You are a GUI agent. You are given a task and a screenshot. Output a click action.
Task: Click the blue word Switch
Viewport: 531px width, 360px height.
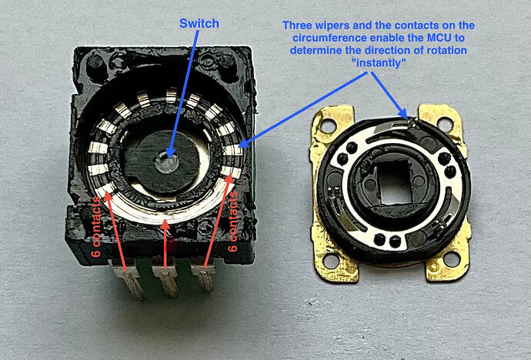point(199,24)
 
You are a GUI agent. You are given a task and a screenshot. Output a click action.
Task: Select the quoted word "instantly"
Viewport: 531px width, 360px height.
point(379,63)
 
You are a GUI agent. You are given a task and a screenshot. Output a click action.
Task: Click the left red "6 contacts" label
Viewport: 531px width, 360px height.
point(96,226)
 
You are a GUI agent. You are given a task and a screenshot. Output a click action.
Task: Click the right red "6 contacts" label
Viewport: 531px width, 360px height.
point(233,222)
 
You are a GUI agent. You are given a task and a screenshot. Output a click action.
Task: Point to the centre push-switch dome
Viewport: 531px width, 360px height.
point(167,162)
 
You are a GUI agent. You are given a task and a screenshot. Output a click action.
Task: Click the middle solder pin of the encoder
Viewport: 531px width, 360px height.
point(167,277)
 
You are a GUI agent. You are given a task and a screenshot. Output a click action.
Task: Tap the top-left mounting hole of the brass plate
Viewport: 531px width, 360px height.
point(327,125)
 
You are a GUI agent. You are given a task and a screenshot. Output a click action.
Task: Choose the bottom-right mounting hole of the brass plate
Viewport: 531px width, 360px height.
point(451,259)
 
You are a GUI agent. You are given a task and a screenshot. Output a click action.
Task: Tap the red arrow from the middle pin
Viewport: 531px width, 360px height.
point(165,245)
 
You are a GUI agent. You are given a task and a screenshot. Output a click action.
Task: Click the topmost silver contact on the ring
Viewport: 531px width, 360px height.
point(172,95)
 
